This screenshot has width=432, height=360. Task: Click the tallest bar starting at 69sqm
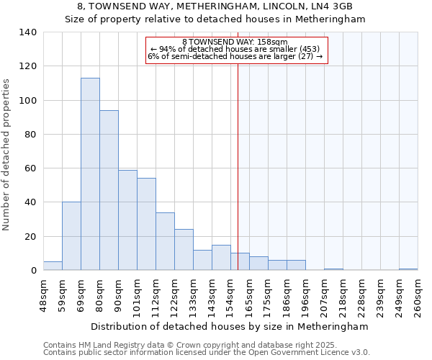point(90,174)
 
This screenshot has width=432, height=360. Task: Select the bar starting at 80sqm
point(109,190)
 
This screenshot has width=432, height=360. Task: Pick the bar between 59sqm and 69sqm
point(71,236)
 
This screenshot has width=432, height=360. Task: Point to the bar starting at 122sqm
point(184,250)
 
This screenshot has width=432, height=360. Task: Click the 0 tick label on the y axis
point(33,271)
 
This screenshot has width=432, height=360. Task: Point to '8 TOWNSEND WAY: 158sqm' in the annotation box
point(235,42)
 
